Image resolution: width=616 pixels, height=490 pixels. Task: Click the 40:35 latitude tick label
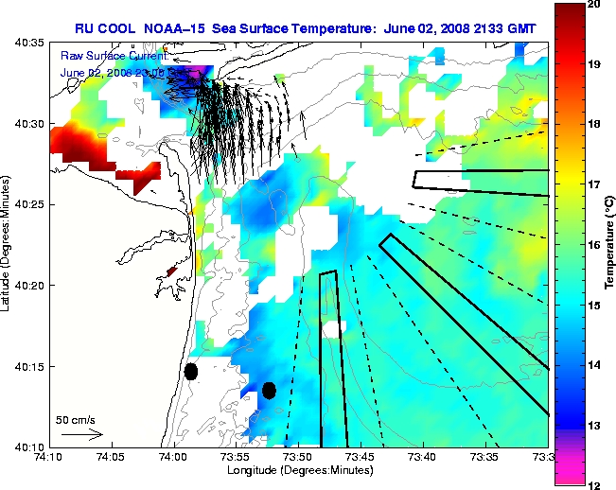31,44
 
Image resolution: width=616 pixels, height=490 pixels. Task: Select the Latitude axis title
9,244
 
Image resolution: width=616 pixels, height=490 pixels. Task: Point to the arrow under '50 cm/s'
81,434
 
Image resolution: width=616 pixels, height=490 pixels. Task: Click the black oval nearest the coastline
191,371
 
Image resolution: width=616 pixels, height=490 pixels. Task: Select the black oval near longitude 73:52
269,390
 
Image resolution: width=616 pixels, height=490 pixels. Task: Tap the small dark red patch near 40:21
171,271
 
